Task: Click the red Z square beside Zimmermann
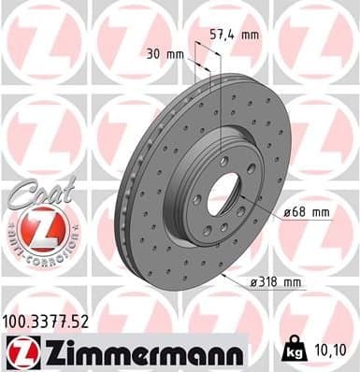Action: (18, 351)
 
